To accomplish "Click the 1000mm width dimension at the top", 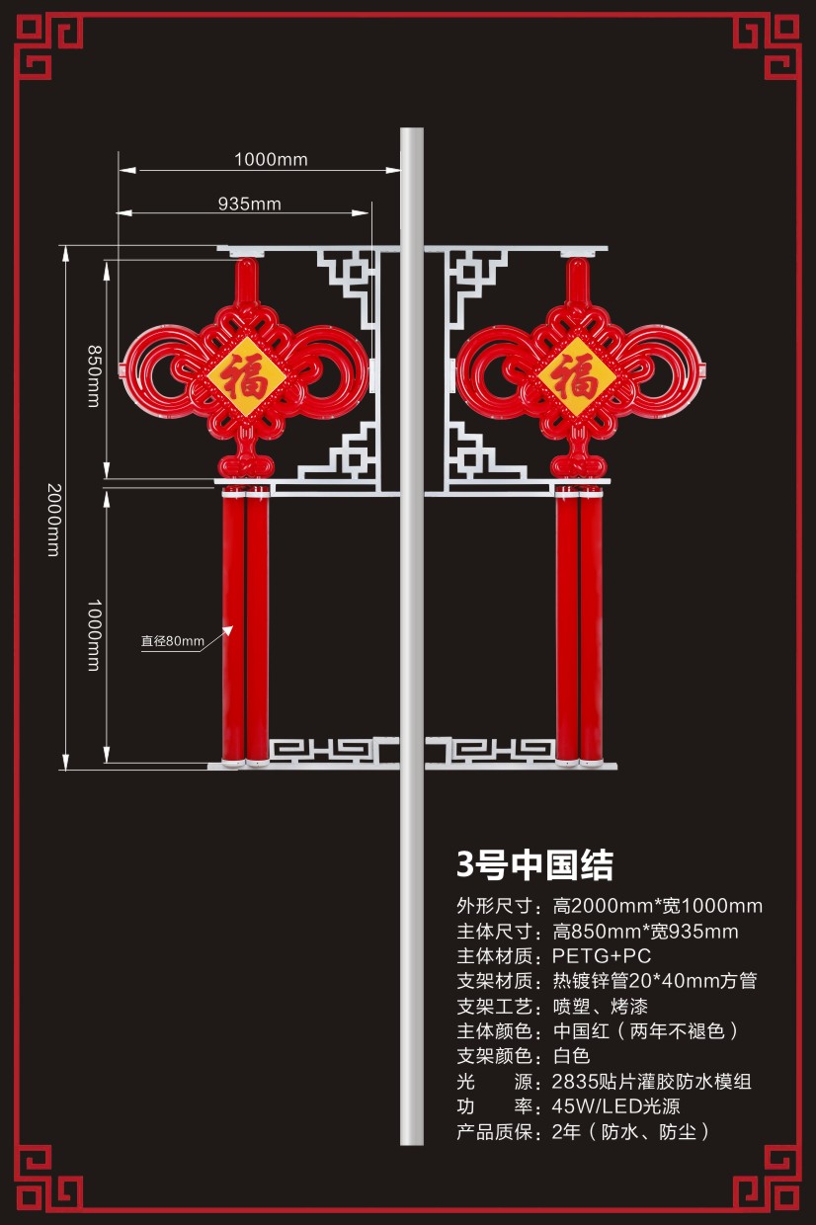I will (x=271, y=159).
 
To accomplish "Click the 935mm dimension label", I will (x=249, y=204).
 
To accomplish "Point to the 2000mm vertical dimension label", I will (x=53, y=520).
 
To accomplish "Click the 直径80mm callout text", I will (x=172, y=641).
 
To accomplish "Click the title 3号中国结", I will (x=534, y=864).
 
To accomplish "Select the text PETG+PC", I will (x=601, y=956).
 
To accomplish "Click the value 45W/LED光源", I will (x=615, y=1106).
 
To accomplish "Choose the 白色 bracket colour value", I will (x=570, y=1056).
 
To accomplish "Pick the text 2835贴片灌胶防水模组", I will (x=651, y=1082).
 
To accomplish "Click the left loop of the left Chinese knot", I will (x=153, y=370).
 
